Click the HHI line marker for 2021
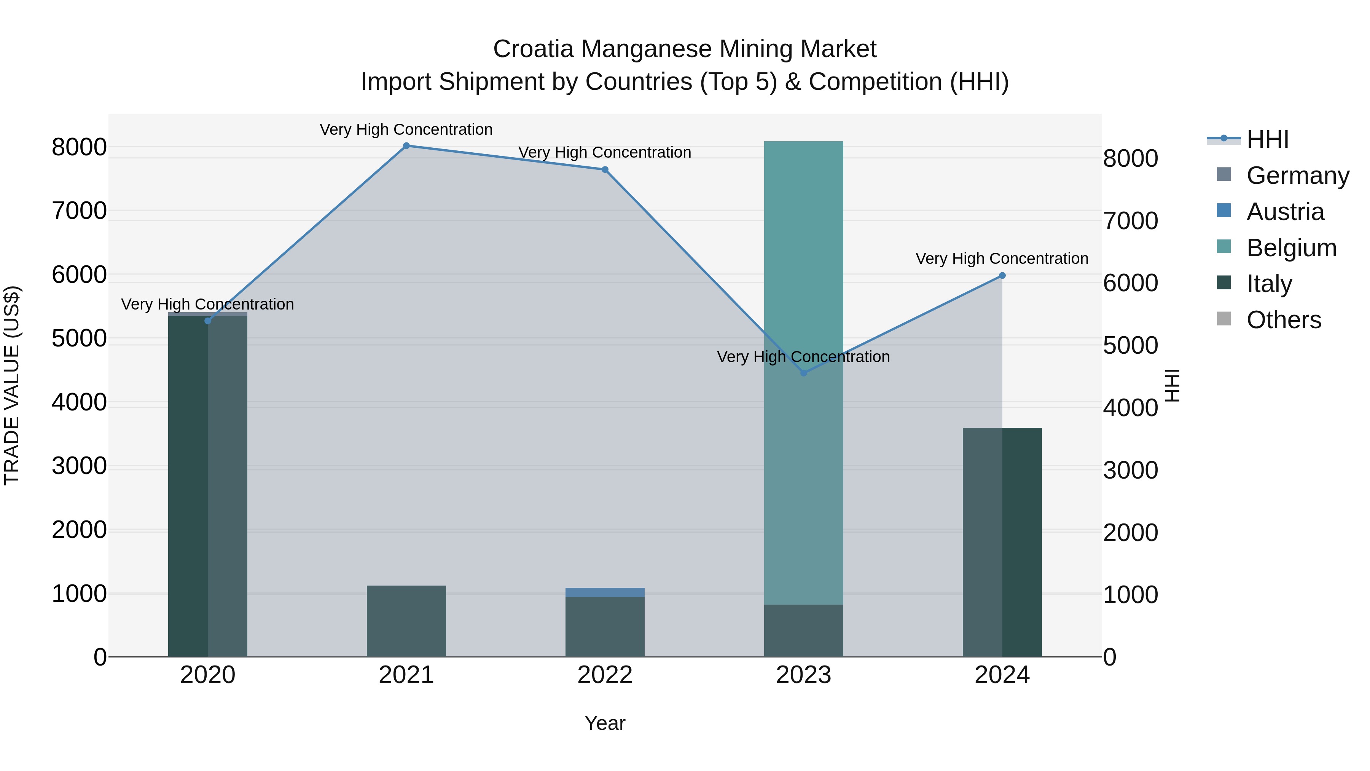click(x=406, y=146)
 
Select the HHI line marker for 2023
click(x=804, y=373)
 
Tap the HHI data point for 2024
click(x=1002, y=276)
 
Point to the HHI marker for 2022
click(x=605, y=170)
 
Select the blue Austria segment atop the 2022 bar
click(x=605, y=592)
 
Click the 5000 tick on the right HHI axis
click(x=1130, y=345)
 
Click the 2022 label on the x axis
click(x=605, y=675)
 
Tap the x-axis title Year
click(x=605, y=723)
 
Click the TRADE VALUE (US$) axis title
click(x=12, y=385)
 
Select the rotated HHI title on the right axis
click(x=1172, y=385)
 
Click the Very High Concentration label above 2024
click(x=1002, y=259)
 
